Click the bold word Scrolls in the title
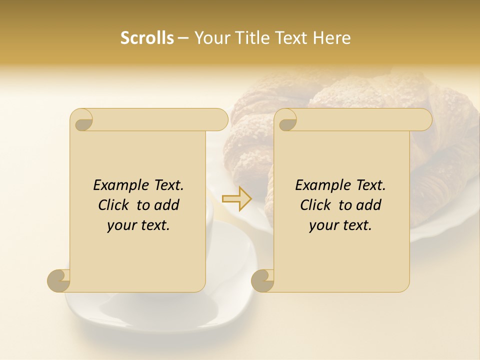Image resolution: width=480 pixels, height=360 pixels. point(147,38)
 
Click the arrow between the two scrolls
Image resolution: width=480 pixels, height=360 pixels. point(236,199)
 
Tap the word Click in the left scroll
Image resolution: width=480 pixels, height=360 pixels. point(114,205)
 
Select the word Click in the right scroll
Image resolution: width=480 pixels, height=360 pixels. point(316,205)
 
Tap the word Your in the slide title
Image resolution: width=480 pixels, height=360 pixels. point(208,38)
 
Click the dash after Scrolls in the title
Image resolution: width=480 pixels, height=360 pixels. point(183,38)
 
